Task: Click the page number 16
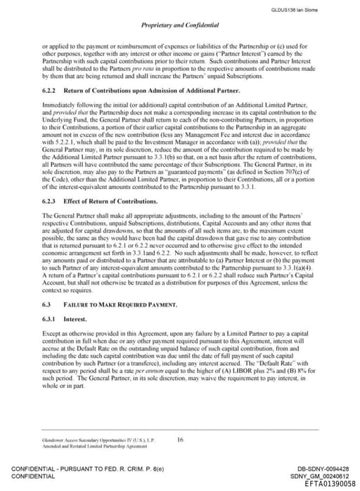pos(181,440)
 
